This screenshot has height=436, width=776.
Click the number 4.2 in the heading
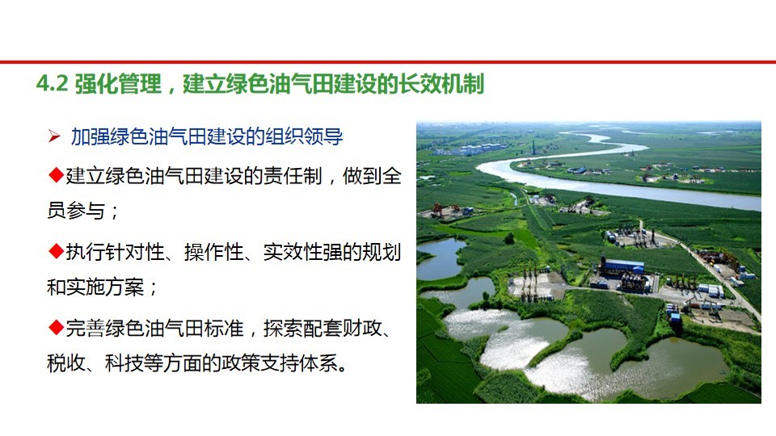pyautogui.click(x=52, y=83)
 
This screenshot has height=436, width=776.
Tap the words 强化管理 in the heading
pyautogui.click(x=118, y=83)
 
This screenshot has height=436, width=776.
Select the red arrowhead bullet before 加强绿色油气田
pyautogui.click(x=54, y=136)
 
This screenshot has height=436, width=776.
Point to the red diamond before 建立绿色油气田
pyautogui.click(x=56, y=174)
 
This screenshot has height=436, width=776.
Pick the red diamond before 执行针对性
pyautogui.click(x=56, y=251)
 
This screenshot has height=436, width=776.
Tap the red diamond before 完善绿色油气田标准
pyautogui.click(x=56, y=327)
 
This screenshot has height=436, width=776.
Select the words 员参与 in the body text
pyautogui.click(x=76, y=211)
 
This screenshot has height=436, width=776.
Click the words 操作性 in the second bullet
pyautogui.click(x=213, y=252)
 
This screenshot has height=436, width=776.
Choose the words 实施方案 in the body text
pyautogui.click(x=105, y=287)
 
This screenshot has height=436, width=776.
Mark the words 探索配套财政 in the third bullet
pyautogui.click(x=323, y=329)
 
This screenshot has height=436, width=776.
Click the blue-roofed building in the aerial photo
pyautogui.click(x=622, y=266)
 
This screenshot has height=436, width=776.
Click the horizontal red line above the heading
pyautogui.click(x=388, y=62)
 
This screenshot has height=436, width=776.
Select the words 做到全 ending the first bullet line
pyautogui.click(x=372, y=175)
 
